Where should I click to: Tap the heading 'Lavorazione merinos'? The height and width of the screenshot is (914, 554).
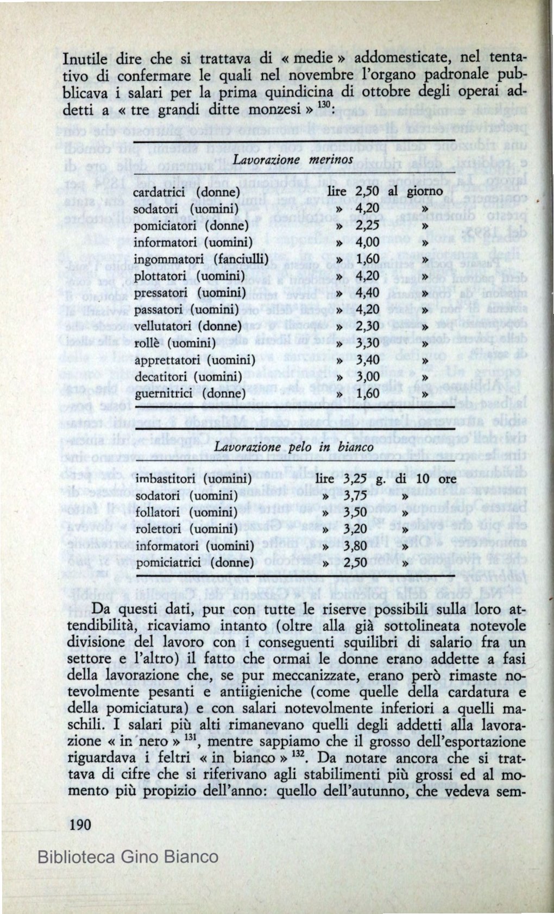293,158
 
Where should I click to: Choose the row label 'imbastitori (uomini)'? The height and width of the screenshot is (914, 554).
192,480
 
